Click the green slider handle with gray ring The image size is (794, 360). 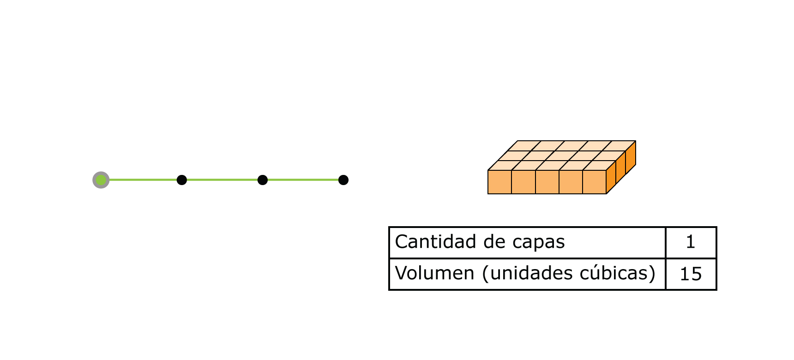point(101,180)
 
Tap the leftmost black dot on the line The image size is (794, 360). point(182,180)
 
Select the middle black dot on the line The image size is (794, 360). point(263,180)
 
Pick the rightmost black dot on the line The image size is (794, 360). point(343,180)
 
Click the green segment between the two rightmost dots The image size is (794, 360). point(303,180)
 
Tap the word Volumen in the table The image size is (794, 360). point(434,273)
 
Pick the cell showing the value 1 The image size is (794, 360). point(691,242)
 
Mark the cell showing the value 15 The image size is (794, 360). point(691,274)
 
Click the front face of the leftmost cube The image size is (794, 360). point(500,182)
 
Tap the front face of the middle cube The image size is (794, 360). point(547,182)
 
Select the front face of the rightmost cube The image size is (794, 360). point(594,182)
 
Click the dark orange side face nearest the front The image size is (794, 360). point(611,177)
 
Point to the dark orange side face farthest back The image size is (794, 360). point(631,158)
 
